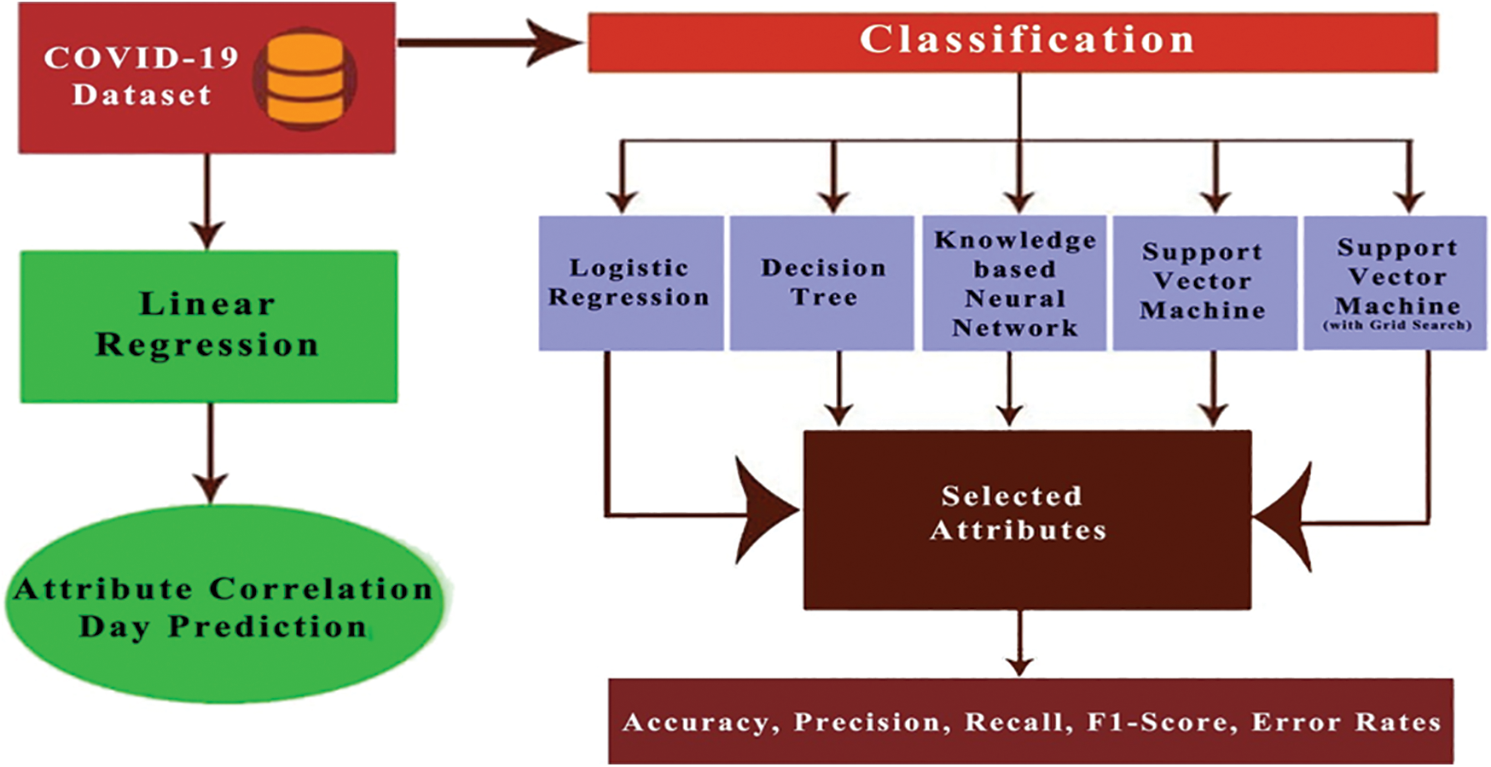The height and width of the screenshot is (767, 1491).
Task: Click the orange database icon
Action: pos(305,79)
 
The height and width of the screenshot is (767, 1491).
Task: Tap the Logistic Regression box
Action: pos(630,282)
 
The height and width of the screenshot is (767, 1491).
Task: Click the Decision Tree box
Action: pos(822,282)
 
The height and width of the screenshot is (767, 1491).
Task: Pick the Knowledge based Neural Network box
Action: pos(1014,282)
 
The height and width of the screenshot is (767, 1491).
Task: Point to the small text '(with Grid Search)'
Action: pos(1396,325)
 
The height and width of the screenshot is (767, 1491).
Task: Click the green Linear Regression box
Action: pos(208,326)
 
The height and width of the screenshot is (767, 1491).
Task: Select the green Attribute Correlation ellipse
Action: pos(225,606)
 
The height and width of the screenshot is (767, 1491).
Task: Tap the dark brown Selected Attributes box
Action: pos(1026,519)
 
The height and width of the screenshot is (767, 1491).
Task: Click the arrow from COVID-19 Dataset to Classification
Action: pos(490,43)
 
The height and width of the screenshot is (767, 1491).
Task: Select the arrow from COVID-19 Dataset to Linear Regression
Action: pos(207,201)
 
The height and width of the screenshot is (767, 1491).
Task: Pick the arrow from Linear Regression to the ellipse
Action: pos(210,452)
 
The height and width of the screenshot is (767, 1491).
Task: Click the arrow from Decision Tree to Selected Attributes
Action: pos(839,388)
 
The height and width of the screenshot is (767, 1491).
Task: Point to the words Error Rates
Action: pos(1345,723)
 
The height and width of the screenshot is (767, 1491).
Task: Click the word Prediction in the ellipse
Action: pos(267,627)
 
